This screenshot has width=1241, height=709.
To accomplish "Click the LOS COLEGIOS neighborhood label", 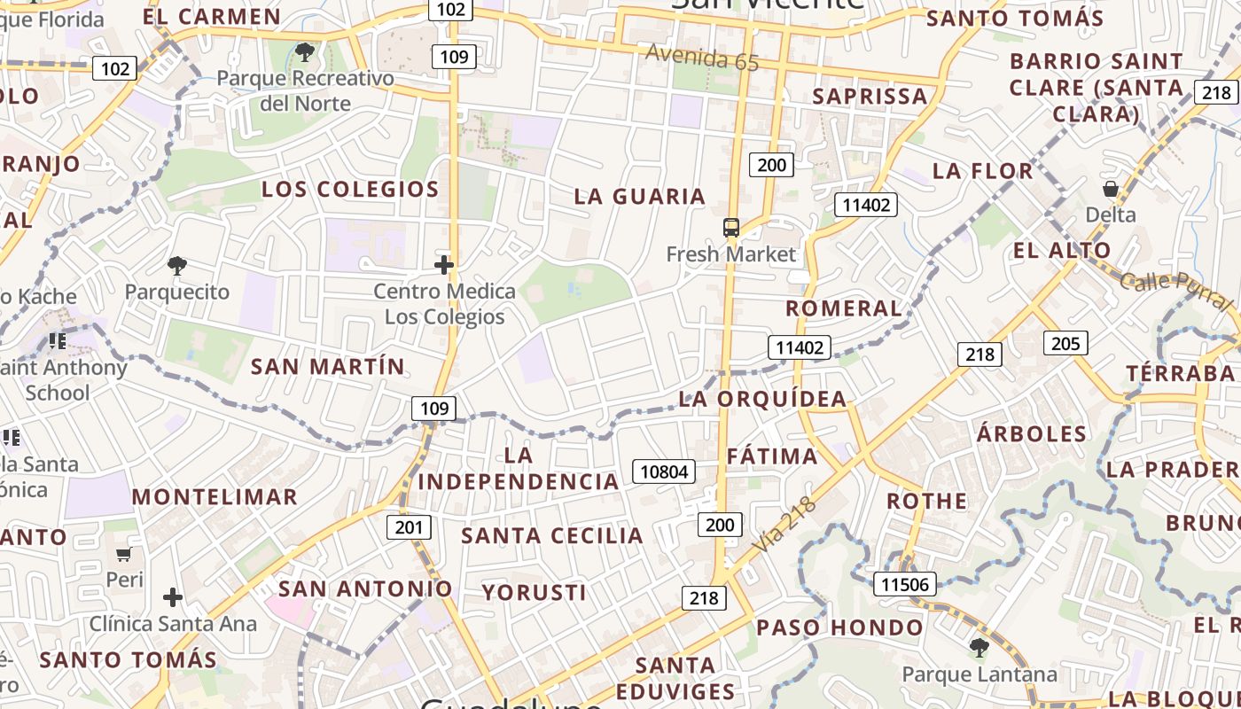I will click(350, 189).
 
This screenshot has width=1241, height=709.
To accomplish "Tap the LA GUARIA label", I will click(639, 196).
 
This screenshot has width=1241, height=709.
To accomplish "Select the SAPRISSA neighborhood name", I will click(870, 96).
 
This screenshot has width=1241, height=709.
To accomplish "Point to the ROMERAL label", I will click(843, 308).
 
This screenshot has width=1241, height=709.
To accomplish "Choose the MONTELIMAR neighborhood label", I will click(215, 497).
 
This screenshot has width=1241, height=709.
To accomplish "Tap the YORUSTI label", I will click(534, 592).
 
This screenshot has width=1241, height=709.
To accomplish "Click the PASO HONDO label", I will click(839, 627).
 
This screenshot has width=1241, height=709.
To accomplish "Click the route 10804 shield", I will click(663, 471).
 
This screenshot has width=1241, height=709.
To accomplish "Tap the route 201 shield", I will click(409, 527).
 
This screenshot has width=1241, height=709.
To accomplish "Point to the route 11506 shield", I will click(905, 584).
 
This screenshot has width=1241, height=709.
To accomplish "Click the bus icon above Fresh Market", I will click(730, 229).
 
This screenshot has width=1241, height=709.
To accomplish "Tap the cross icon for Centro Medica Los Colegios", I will click(444, 264).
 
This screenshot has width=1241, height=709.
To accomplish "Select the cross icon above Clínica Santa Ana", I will click(173, 597).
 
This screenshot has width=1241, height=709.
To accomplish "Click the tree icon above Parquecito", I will click(177, 265).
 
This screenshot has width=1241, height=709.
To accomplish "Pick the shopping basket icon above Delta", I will click(1110, 189).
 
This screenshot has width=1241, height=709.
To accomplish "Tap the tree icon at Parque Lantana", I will click(979, 648).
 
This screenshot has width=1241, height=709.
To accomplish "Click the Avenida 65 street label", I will click(702, 58).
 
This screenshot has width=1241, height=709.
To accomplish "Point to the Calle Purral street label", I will click(1175, 292).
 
